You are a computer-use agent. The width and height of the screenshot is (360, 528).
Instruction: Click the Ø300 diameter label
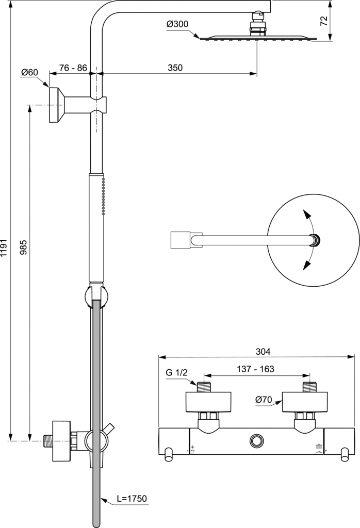177,24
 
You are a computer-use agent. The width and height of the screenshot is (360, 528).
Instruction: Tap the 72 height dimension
323,21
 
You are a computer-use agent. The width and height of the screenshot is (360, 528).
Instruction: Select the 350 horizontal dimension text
175,68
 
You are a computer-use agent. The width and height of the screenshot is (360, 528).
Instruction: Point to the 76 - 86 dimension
73,68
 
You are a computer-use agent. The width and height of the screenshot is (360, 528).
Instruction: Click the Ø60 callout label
29,72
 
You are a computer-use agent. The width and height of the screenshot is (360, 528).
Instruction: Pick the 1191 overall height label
4,249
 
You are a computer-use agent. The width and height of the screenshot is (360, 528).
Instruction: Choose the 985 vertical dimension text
23,247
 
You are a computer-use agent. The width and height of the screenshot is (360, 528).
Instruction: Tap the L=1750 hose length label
132,499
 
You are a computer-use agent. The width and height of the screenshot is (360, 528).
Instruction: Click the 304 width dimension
263,352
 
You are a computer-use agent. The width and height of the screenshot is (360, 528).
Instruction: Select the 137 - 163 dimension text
256,369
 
